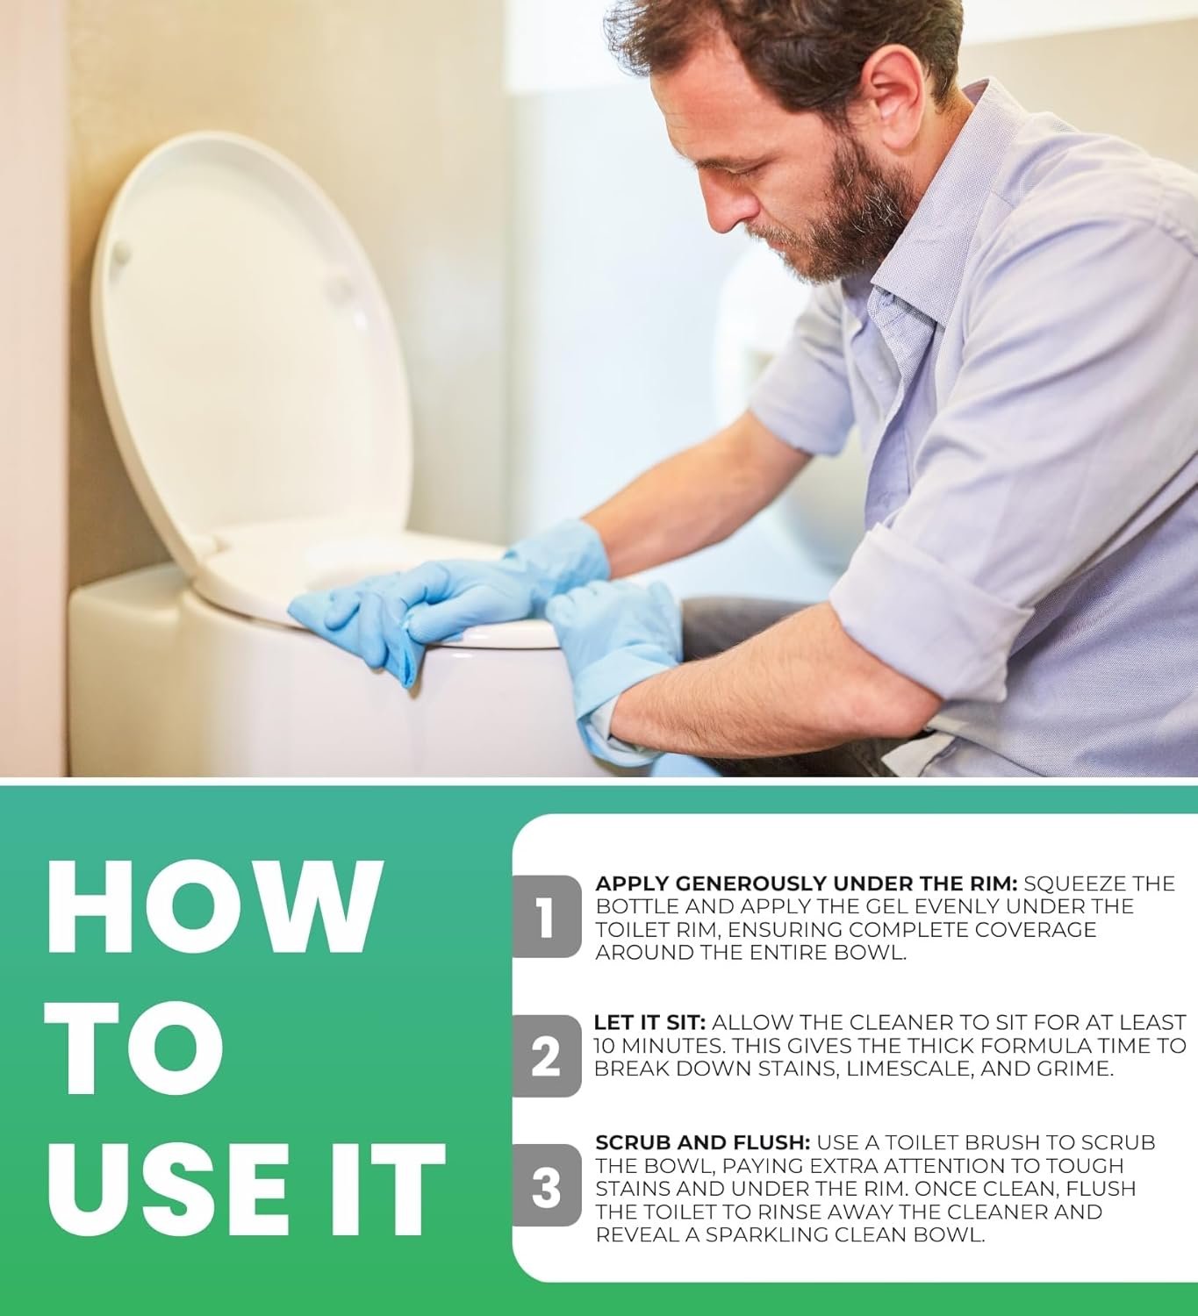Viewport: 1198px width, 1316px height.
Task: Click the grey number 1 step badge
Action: point(546,917)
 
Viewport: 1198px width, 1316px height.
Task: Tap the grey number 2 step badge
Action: point(546,1055)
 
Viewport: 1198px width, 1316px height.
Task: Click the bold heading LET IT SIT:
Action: point(649,1023)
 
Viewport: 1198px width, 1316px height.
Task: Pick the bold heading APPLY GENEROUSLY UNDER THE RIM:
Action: point(806,883)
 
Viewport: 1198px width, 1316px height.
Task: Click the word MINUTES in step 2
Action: point(662,1046)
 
